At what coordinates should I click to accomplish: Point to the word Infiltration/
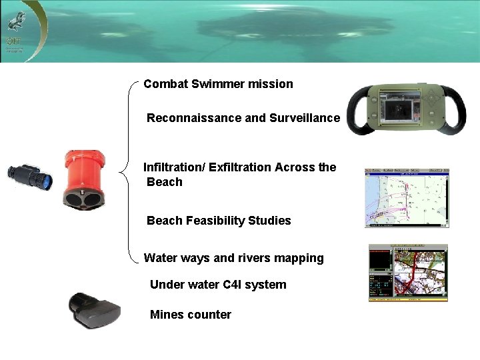tap(174, 167)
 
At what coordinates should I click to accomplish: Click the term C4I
tap(232, 285)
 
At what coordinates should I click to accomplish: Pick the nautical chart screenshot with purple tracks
tap(407, 197)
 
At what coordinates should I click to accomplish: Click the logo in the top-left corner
tap(15, 27)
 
